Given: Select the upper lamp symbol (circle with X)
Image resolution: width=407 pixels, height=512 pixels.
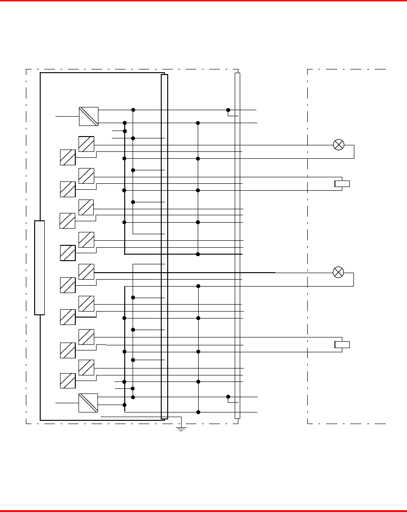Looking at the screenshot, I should [x=339, y=145].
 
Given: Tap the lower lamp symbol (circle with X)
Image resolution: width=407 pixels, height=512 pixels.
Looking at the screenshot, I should [x=339, y=272].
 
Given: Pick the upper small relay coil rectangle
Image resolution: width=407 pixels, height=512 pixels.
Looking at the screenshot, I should [x=342, y=184].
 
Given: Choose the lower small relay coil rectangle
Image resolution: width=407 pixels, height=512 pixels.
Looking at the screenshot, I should [x=342, y=344].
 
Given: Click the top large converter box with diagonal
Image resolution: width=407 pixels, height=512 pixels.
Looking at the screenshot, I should [x=89, y=116].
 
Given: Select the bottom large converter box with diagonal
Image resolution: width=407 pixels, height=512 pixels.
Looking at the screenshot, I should [x=88, y=403].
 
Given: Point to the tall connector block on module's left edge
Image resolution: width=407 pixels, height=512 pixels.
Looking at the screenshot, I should [x=40, y=268].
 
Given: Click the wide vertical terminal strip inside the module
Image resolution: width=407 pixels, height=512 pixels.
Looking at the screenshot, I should [x=164, y=246].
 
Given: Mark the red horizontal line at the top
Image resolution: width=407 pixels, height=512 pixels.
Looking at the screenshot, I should [x=203, y=1].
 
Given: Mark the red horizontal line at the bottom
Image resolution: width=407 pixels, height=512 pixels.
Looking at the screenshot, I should [x=203, y=511].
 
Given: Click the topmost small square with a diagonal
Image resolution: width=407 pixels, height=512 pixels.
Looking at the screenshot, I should [x=86, y=144].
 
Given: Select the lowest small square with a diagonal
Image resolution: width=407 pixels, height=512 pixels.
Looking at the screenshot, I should [x=67, y=381].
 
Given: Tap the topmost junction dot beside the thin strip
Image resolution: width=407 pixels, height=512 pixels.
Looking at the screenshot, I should [x=228, y=110].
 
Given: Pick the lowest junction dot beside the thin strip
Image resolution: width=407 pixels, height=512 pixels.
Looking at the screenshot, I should [x=228, y=397].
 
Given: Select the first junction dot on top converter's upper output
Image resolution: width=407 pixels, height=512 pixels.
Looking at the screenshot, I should [x=133, y=110].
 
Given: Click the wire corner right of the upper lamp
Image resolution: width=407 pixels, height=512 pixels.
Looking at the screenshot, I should [x=354, y=145].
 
